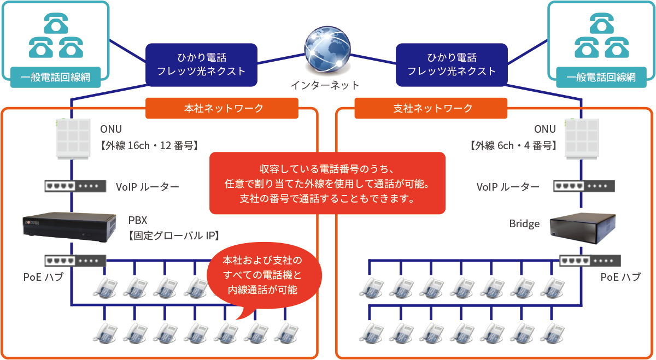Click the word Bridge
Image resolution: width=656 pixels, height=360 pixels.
coord(524,224)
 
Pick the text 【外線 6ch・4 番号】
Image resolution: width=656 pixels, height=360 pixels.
coord(512,145)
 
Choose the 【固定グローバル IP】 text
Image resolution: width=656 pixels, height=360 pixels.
coord(174,236)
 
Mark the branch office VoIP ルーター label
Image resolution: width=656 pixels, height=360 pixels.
coord(508,187)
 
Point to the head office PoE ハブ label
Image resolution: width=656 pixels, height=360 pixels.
coord(43,277)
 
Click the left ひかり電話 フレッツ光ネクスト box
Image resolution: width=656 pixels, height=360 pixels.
coord(201,64)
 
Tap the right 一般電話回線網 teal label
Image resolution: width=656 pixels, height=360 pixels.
coord(601,77)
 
